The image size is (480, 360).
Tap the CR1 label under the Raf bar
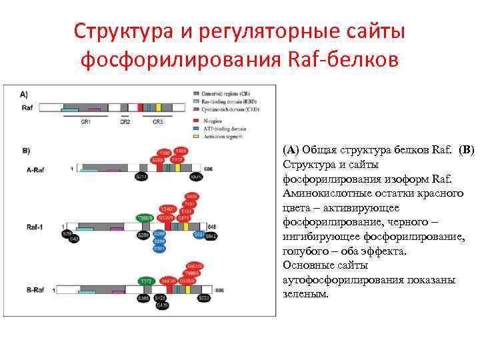click(85, 122)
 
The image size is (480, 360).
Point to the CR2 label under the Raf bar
click(125, 122)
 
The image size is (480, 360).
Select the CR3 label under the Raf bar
click(158, 122)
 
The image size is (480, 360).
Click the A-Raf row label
click(37, 170)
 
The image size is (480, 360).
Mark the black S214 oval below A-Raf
click(141, 177)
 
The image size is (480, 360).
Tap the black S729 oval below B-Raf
click(203, 299)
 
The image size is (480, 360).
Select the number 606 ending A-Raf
click(208, 169)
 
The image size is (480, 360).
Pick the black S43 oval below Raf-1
click(74, 239)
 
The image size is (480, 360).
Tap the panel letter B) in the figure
click(27, 150)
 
